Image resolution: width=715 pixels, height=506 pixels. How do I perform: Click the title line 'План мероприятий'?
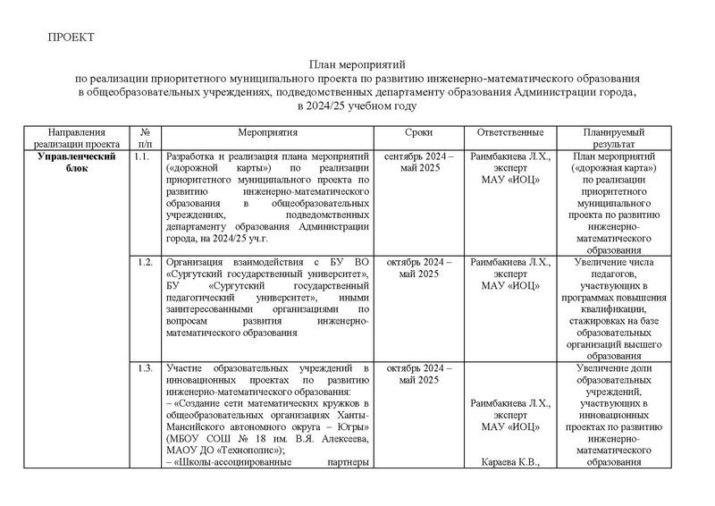tap(357, 65)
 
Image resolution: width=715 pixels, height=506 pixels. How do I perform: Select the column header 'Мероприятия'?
tap(267, 131)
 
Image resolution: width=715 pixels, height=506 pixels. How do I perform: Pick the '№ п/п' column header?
tap(146, 137)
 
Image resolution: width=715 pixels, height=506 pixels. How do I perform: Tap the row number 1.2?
tap(141, 263)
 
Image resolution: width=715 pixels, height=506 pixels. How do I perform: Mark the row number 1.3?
tap(141, 368)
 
